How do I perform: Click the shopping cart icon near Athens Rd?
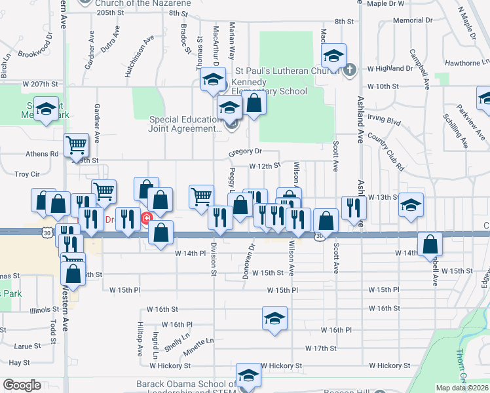coord(77,144)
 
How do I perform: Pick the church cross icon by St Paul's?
coord(349,69)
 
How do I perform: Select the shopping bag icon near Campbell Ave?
coord(430,244)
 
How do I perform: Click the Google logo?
coord(22,385)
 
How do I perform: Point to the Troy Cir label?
coord(27,175)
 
